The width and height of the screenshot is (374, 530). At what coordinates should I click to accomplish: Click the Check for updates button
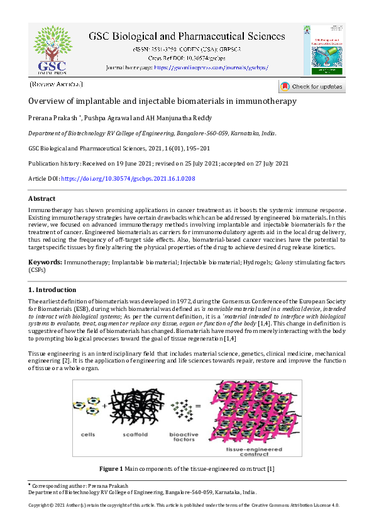coord(311,87)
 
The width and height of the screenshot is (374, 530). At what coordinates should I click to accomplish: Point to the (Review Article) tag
coord(56,84)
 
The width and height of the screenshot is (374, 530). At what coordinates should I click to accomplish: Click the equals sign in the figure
coord(199,407)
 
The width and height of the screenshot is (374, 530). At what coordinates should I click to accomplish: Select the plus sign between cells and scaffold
coord(104,407)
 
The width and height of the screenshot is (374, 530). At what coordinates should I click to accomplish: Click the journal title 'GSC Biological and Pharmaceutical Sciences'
coord(187,37)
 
